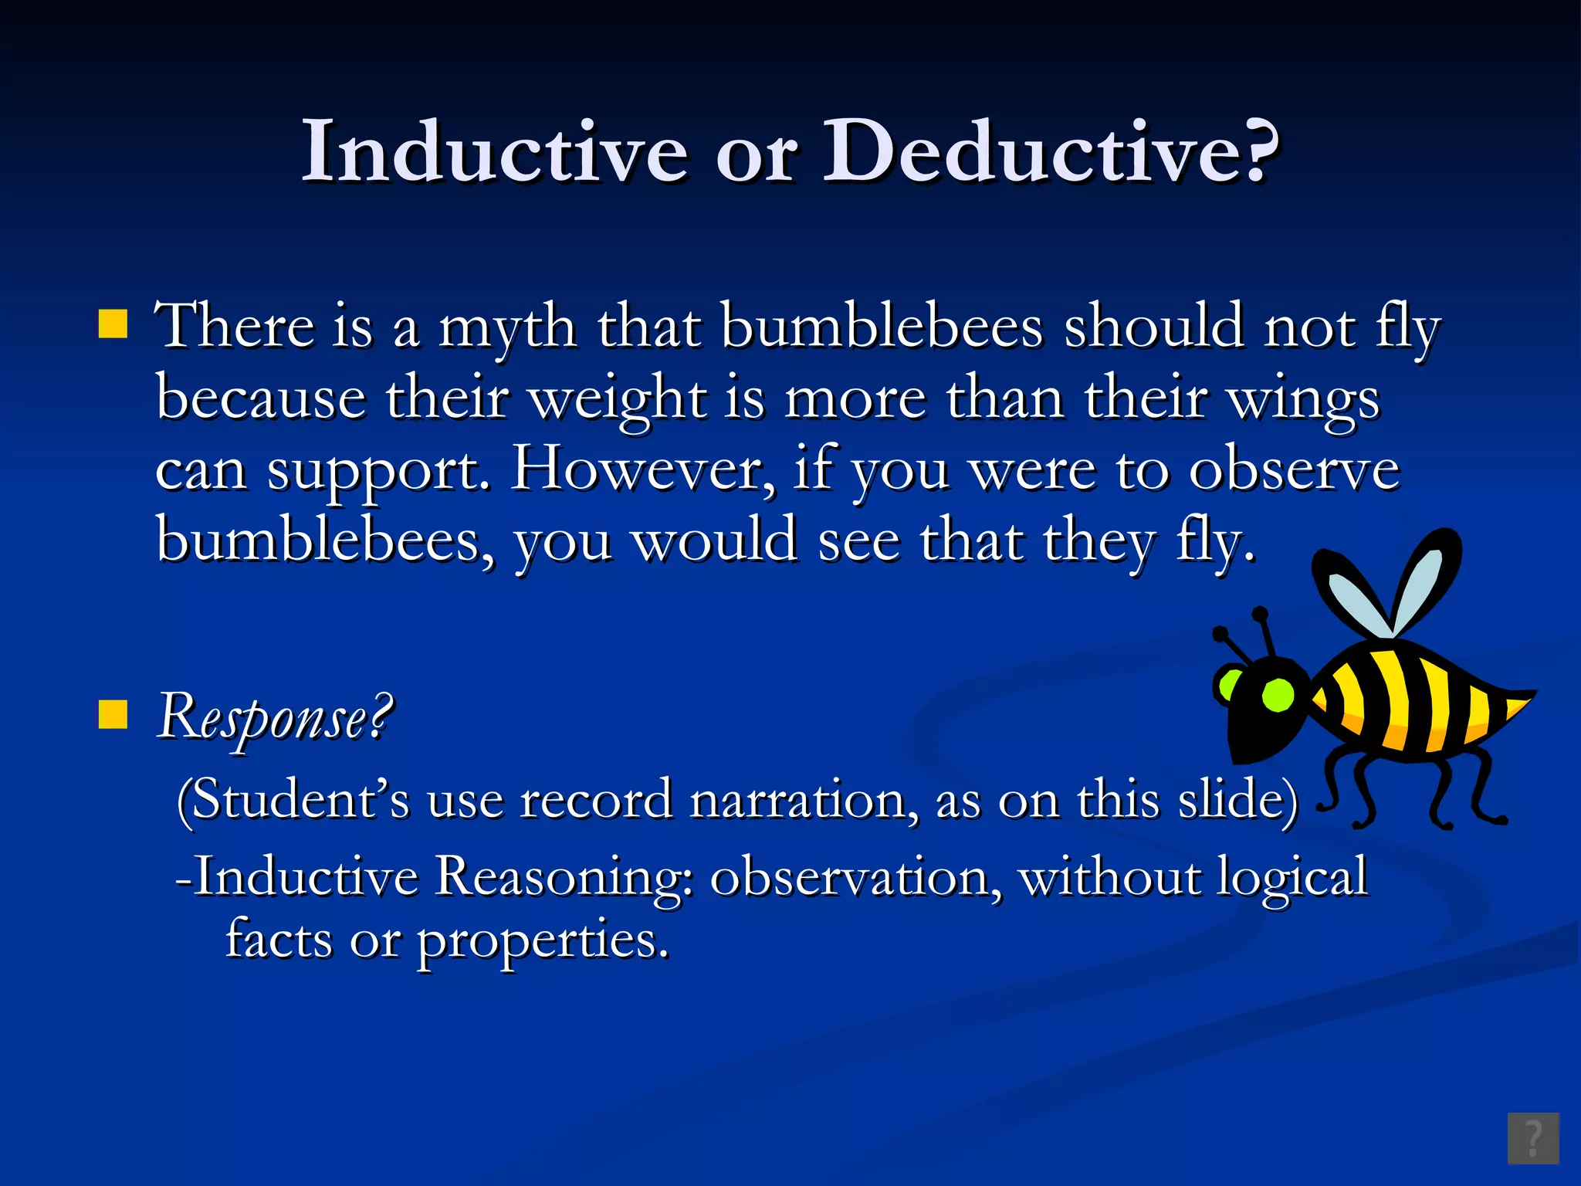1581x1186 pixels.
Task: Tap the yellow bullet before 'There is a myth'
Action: (113, 325)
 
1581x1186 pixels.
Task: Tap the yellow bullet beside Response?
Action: (113, 715)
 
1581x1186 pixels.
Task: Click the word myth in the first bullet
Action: (507, 328)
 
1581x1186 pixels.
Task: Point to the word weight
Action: (618, 400)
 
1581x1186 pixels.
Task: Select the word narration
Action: (803, 801)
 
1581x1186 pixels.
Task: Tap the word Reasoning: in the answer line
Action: (564, 878)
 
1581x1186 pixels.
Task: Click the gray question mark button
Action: (1533, 1138)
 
